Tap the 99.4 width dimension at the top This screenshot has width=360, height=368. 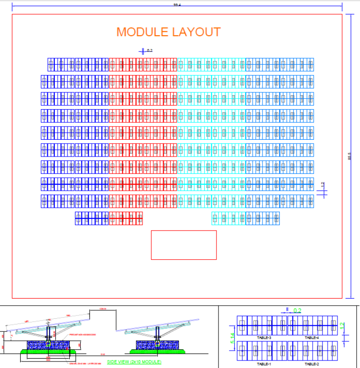(177, 5)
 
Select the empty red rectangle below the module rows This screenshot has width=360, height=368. (184, 245)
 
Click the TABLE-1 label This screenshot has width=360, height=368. (264, 364)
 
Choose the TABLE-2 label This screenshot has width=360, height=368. (311, 364)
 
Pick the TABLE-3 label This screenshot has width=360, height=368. (264, 338)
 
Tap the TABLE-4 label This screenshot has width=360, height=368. (311, 338)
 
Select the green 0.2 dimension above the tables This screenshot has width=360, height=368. (297, 310)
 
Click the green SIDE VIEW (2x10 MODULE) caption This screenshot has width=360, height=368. (134, 362)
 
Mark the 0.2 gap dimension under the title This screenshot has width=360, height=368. (150, 50)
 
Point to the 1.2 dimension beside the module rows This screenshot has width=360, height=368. (322, 185)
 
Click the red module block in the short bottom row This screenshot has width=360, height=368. (126, 218)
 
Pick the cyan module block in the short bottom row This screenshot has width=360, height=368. (229, 218)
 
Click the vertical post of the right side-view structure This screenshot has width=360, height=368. (158, 334)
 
